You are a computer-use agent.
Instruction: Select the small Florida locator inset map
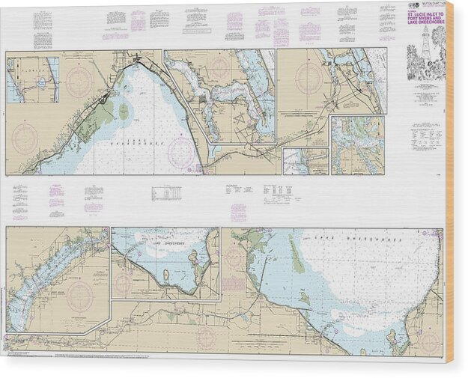tap(33, 81)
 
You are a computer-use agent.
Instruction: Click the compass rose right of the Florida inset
tap(79, 82)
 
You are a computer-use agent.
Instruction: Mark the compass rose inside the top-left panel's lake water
tap(180, 152)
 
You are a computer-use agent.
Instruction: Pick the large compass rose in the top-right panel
tap(309, 78)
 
